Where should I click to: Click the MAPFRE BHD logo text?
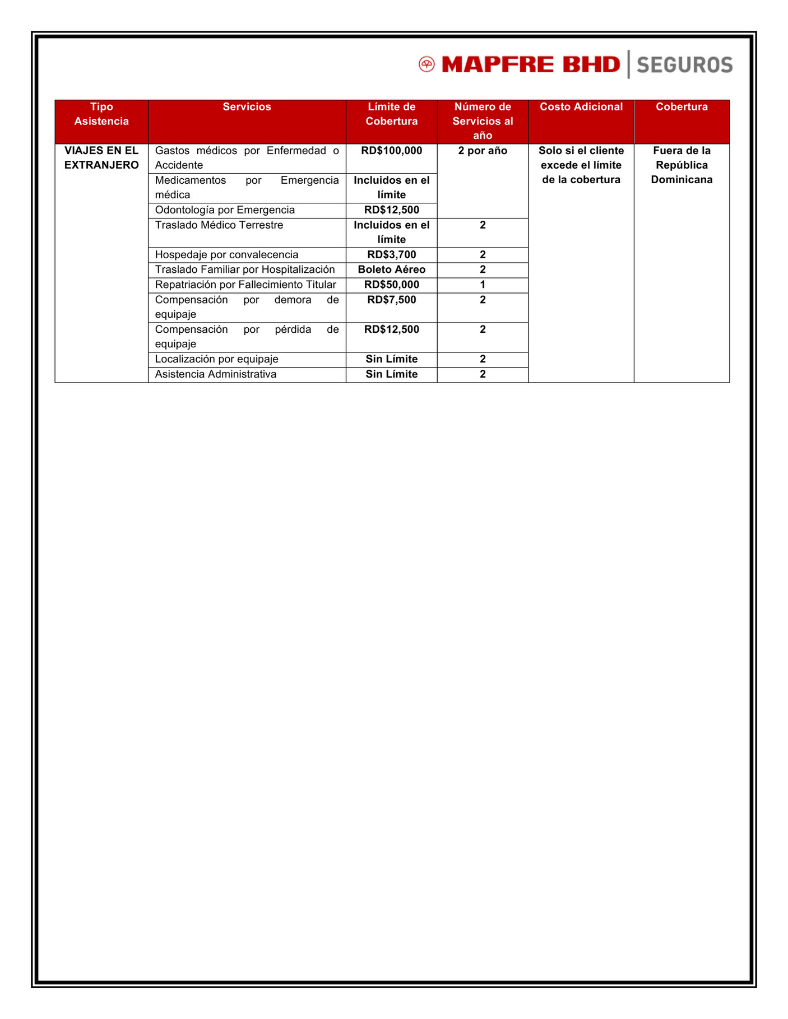(531, 64)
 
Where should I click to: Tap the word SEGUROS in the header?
(684, 65)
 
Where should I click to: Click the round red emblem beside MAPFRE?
(427, 64)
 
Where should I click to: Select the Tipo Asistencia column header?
(101, 114)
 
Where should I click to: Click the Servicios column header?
(247, 107)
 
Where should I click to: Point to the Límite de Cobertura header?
(391, 114)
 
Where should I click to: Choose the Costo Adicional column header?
(581, 107)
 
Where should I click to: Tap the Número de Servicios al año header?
(483, 121)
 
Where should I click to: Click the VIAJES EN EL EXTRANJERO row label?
(101, 158)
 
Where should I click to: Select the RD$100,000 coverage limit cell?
(391, 151)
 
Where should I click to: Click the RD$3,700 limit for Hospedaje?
(391, 255)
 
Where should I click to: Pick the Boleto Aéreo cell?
(391, 270)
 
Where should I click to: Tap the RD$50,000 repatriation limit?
(391, 285)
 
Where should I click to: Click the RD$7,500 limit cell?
(391, 300)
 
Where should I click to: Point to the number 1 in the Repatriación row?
(483, 285)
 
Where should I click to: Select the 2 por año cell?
(483, 151)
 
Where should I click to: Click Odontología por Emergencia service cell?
(225, 210)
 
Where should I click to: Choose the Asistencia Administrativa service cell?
(216, 374)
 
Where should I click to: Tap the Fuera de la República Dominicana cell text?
(682, 165)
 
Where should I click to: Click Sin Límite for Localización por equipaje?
(391, 359)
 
